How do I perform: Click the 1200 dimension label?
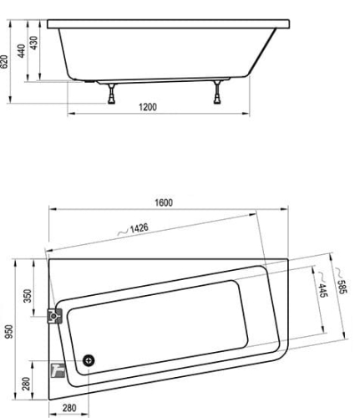[148, 107]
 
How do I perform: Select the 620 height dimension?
[4, 62]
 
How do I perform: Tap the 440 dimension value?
[22, 51]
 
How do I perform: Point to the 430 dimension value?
[33, 43]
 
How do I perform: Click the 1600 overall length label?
[164, 202]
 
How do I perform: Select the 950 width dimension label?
[9, 331]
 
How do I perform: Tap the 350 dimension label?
[28, 296]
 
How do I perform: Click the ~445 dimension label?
[322, 285]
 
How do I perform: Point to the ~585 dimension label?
[342, 281]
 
